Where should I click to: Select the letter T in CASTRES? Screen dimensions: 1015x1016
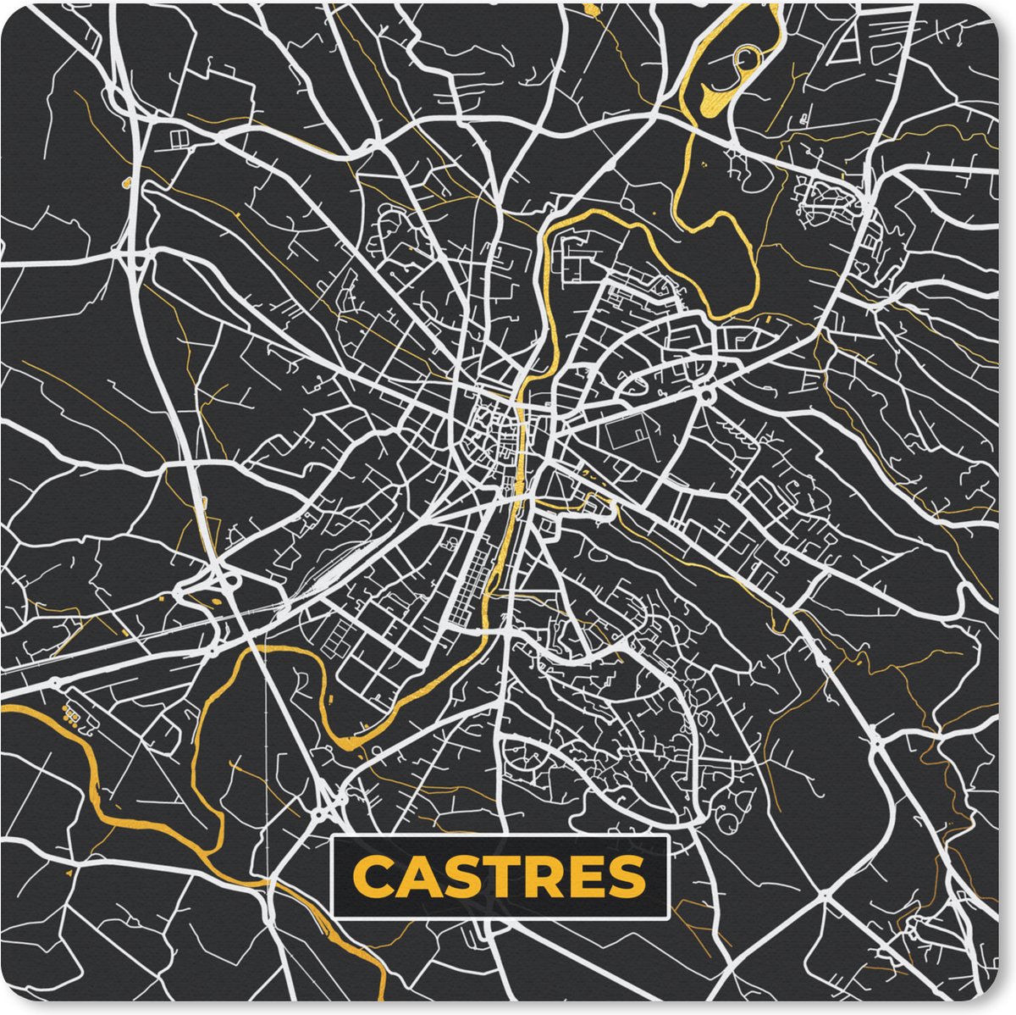[x=498, y=878]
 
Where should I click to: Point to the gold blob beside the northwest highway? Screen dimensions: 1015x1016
[x=127, y=182]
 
